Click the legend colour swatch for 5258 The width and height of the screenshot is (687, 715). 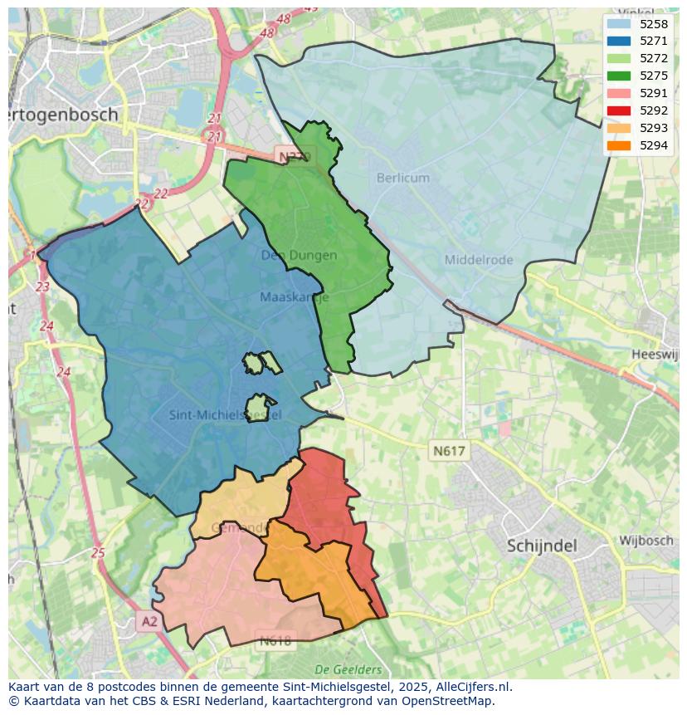pos(618,24)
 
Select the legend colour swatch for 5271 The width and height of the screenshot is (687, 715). pos(618,42)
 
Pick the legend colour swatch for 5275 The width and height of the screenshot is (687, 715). pos(618,76)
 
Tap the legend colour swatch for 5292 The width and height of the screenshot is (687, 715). pos(618,111)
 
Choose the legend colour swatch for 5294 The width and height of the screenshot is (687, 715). pos(618,146)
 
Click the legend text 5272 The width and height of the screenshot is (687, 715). pos(654,59)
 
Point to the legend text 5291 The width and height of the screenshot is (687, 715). pos(654,94)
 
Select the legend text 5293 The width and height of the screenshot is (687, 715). pos(654,129)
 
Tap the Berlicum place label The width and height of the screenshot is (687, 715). pos(403,178)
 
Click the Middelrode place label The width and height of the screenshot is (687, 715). pos(479,260)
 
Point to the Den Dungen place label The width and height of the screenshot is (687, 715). pos(299,255)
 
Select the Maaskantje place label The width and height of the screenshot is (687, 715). pos(294,297)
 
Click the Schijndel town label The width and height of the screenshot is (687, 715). pos(542,546)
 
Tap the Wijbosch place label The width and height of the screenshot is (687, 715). pos(646,541)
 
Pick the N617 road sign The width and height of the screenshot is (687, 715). pos(449,451)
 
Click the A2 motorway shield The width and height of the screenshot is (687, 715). pos(148,621)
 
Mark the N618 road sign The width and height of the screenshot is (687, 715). pos(275,641)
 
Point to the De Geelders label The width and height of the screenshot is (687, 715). pos(348,669)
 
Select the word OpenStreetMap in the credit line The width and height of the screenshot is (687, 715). pos(448,701)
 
